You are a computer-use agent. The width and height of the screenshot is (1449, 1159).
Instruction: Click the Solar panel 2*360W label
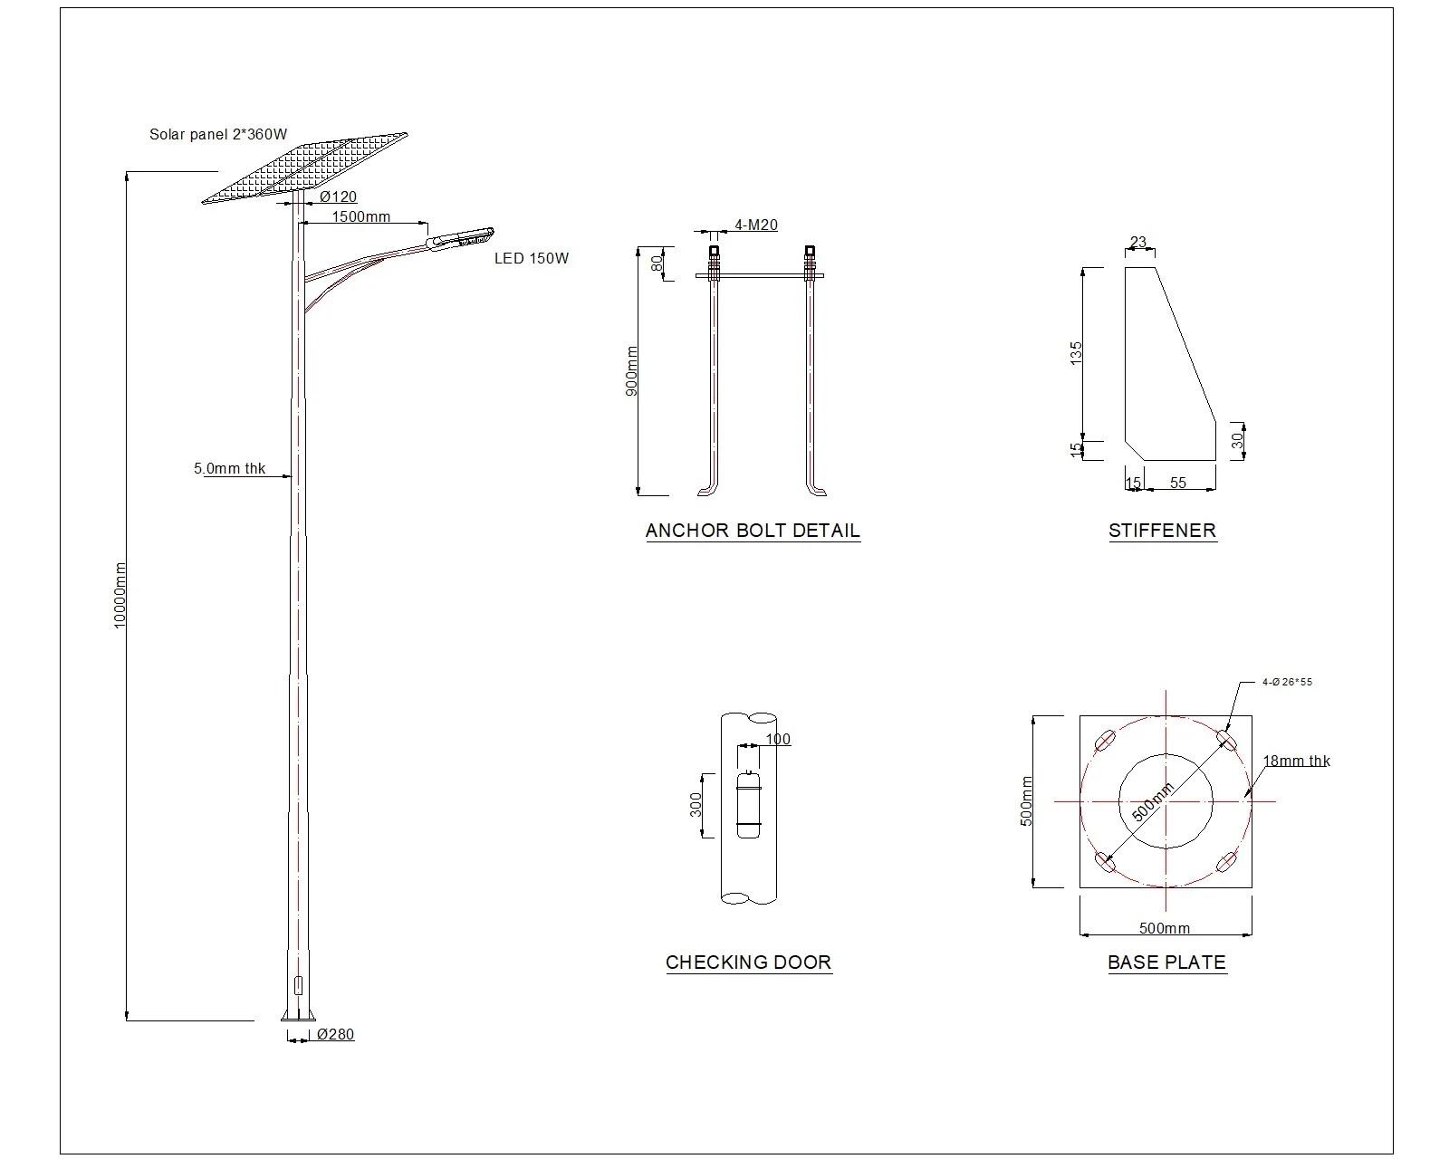point(218,135)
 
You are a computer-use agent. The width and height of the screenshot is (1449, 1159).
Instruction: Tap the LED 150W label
point(531,259)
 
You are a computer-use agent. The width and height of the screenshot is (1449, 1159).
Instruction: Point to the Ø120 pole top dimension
point(338,196)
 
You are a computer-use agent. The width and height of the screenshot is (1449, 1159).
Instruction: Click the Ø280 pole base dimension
point(335,1034)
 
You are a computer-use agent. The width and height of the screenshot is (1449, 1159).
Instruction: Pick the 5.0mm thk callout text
point(230,469)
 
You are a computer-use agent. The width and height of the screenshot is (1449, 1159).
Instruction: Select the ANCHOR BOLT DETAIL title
point(753,531)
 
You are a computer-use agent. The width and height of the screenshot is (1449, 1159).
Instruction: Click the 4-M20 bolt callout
point(755,225)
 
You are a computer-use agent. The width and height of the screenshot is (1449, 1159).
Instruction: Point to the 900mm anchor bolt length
point(632,370)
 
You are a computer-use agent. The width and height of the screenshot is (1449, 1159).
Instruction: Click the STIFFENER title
point(1162,531)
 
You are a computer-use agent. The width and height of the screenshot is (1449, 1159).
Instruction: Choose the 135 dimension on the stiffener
point(1076,352)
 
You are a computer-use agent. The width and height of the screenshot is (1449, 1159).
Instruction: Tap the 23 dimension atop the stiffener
point(1138,242)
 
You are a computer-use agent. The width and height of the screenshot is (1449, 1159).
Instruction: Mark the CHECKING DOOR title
point(748,963)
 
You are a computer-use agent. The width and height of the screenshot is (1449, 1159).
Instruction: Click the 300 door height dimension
point(696,804)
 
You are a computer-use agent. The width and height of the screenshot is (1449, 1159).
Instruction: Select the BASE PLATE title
point(1166,963)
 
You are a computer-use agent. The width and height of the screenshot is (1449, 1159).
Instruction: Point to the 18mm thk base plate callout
point(1296,761)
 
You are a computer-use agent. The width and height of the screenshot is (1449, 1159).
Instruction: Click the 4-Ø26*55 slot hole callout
point(1286,682)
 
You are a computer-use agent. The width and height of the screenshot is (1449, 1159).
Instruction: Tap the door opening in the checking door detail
point(749,804)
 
